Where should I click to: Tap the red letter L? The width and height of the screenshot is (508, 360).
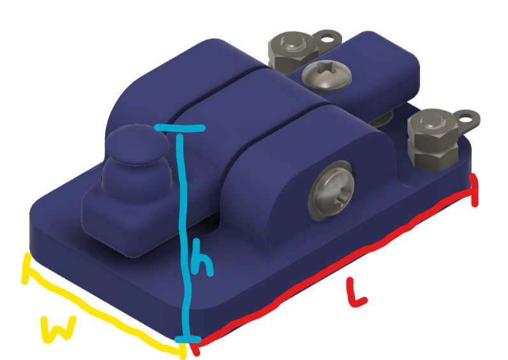coord(356,294)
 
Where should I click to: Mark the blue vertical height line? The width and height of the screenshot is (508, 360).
coord(184,210)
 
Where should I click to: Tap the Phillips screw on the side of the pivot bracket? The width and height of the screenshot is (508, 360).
coord(331,187)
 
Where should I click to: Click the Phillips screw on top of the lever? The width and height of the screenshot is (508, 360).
coord(326,75)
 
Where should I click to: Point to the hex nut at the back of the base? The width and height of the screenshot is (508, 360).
coord(291,51)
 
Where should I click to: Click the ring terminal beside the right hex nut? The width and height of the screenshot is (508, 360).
coord(468,118)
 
